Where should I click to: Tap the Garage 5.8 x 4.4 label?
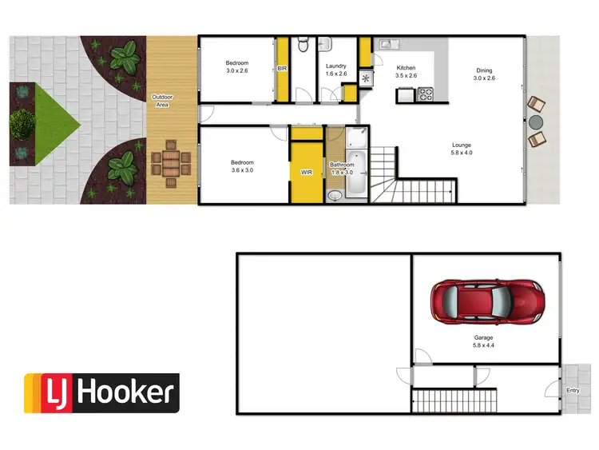[x=484, y=342]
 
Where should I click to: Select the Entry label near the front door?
[x=573, y=391]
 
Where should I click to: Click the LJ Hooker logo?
[x=101, y=392]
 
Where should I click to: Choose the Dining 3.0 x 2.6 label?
[x=485, y=74]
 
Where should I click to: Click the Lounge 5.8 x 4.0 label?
[x=461, y=149]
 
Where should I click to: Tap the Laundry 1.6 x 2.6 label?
[x=335, y=70]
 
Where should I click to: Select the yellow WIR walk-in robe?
[x=307, y=171]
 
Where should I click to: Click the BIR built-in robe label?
[x=281, y=69]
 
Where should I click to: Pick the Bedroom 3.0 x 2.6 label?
[x=236, y=68]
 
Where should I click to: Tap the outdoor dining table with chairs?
[x=170, y=163]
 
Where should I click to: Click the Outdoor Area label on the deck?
[x=162, y=102]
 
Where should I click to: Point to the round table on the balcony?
[x=534, y=121]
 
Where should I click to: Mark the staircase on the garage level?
[x=452, y=397]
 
